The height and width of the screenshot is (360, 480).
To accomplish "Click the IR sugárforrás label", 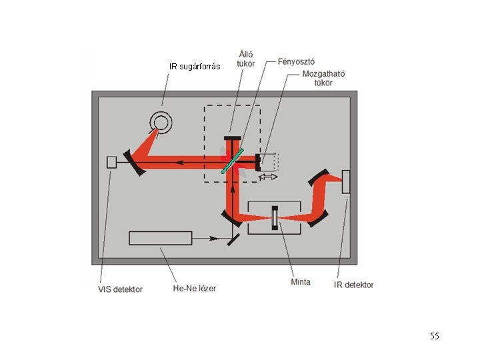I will click(195, 66).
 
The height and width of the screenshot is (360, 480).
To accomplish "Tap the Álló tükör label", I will click(245, 59).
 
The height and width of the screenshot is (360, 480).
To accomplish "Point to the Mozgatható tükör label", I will click(323, 78).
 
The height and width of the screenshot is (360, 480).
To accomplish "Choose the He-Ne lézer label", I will click(194, 288).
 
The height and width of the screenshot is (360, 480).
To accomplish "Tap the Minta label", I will click(301, 281).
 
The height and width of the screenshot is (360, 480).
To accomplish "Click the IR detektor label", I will click(354, 285).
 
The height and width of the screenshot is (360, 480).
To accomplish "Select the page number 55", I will click(435, 336).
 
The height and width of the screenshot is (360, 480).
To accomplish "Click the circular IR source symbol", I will click(161, 120).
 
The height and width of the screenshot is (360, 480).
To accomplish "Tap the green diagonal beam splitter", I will click(233, 161).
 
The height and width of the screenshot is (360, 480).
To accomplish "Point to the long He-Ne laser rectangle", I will click(161, 237).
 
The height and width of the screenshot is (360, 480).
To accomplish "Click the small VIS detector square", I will click(112, 162).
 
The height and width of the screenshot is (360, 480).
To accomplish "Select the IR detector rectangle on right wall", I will click(345, 182).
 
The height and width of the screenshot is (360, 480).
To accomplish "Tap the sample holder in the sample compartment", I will click(275, 218).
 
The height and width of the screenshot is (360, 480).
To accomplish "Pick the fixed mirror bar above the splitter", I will click(233, 138).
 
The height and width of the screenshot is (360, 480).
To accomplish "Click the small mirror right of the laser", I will click(234, 238).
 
